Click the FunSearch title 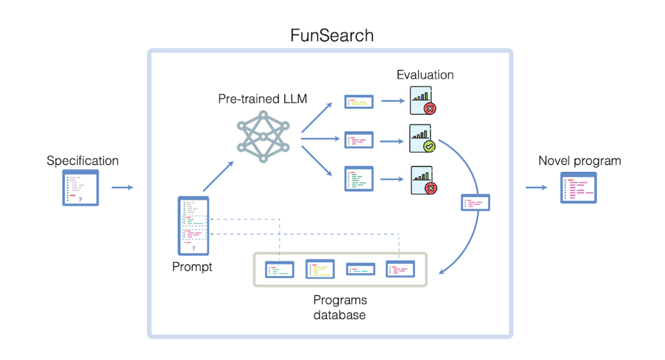332,35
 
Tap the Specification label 82,160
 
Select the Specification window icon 81,187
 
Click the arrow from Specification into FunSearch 123,187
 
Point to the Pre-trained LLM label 263,99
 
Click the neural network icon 263,136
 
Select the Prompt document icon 193,225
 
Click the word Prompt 192,266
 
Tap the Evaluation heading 425,75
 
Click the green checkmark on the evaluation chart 429,147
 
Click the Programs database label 340,307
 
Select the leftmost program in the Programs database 280,270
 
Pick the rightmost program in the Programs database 400,269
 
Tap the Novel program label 580,160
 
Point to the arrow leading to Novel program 537,187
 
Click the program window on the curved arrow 476,203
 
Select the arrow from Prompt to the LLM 218,176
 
